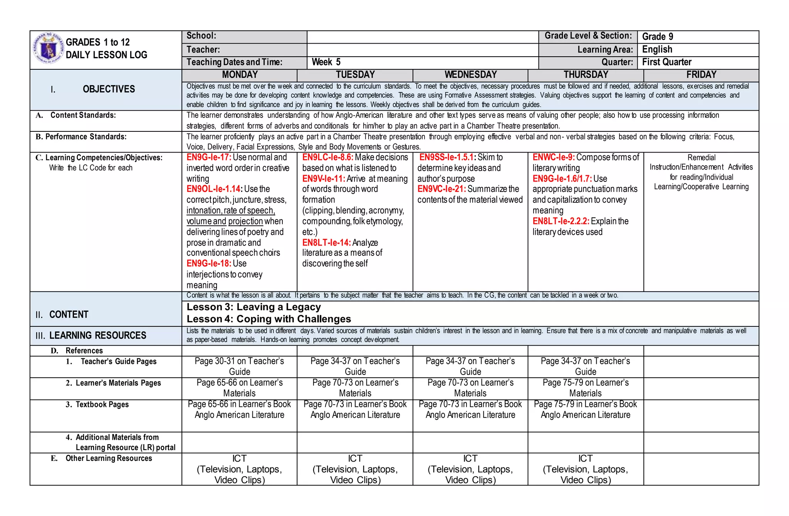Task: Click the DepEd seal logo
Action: tap(48, 48)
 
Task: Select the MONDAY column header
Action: tap(240, 75)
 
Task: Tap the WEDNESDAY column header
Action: tap(470, 75)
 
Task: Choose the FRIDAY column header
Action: tap(701, 75)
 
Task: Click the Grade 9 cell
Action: tap(658, 37)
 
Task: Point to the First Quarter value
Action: tap(666, 62)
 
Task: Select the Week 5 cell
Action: tap(326, 62)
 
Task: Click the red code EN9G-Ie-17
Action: tap(209, 157)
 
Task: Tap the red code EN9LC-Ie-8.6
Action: tap(327, 157)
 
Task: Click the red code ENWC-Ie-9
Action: tap(554, 157)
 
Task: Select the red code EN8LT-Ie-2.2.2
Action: tap(561, 221)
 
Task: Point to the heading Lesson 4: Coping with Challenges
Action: tap(269, 319)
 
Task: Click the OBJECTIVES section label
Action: tap(109, 89)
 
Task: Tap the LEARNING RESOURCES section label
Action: tap(97, 335)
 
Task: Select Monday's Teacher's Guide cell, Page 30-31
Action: tap(239, 366)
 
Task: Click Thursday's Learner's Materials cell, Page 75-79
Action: tap(585, 388)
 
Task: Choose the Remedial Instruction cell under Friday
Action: tap(701, 172)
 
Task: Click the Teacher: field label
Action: tap(203, 50)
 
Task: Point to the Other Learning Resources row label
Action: tap(109, 458)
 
